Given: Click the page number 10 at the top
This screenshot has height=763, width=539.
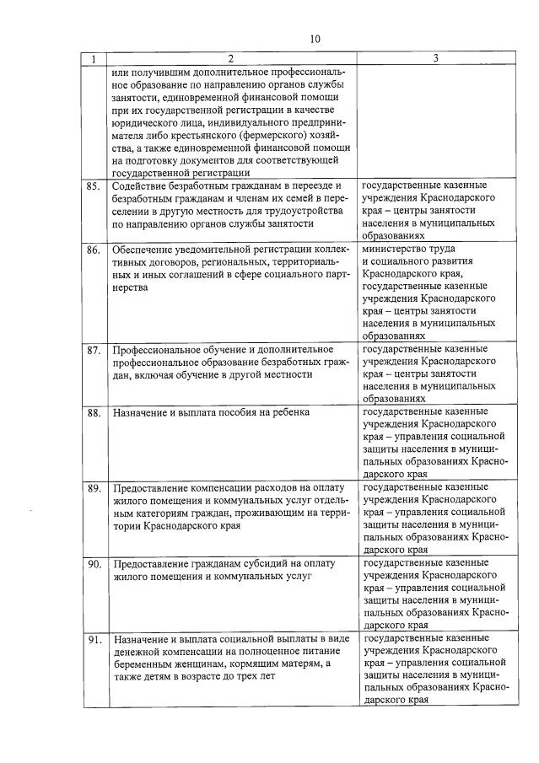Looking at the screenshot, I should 315,39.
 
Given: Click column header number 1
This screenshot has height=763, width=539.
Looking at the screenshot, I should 94,59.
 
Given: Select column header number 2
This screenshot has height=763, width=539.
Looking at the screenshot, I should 230,59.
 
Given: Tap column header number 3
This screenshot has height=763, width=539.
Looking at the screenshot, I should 434,59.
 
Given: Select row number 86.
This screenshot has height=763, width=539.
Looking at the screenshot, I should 94,250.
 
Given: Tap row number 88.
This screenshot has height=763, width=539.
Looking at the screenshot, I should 94,413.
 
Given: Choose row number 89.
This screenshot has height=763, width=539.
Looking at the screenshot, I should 94,488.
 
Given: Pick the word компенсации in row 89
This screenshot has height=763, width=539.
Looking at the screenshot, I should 214,487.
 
